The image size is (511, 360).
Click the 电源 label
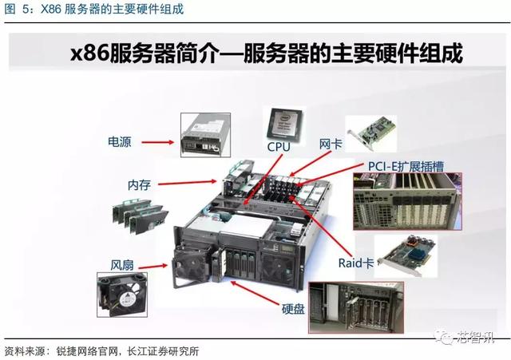[x=120, y=142]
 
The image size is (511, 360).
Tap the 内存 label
[x=139, y=184]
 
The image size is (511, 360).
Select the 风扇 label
[x=122, y=265]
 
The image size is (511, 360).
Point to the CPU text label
[x=279, y=147]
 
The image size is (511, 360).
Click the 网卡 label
[x=331, y=144]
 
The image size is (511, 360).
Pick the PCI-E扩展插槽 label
[x=406, y=166]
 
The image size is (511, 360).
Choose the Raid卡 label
[x=356, y=263]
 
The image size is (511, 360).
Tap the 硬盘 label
[x=293, y=309]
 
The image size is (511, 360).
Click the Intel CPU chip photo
[x=284, y=125]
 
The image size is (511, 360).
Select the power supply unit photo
[x=206, y=135]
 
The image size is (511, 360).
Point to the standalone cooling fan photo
[x=122, y=295]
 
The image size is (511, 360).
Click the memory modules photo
[x=141, y=216]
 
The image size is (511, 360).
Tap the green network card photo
[x=372, y=133]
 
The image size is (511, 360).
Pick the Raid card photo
[x=406, y=255]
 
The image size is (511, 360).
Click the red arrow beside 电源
[x=158, y=142]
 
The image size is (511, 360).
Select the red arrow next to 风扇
[x=153, y=267]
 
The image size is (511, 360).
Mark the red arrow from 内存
[x=188, y=183]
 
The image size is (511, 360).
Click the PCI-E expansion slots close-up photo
[x=408, y=201]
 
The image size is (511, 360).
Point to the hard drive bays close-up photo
[x=356, y=307]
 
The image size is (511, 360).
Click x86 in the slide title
[x=89, y=53]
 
